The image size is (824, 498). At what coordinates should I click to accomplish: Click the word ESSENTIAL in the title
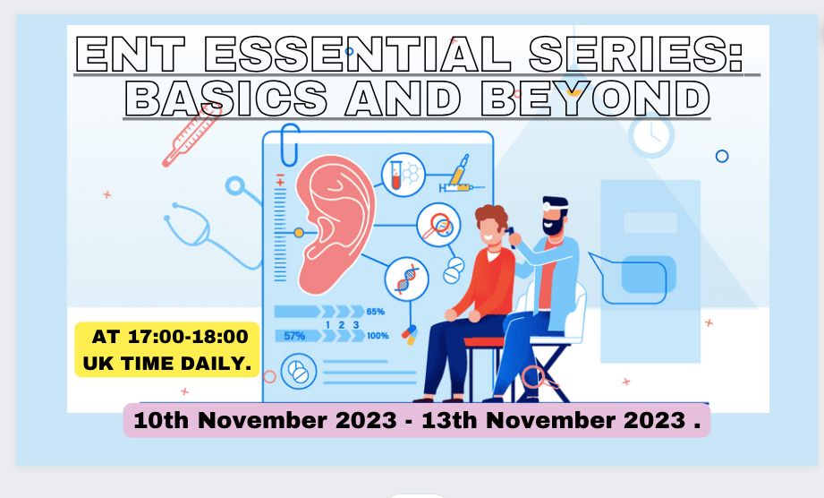click(x=357, y=54)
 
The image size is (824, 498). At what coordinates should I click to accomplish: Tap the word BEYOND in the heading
click(x=595, y=99)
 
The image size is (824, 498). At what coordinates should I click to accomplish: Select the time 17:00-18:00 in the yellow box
click(x=188, y=337)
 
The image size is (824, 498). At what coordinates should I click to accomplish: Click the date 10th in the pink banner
click(x=161, y=420)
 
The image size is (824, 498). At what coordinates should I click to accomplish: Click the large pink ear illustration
click(x=335, y=224)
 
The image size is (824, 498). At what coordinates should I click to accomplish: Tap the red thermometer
click(x=191, y=135)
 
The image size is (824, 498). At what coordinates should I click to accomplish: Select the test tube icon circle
click(x=404, y=176)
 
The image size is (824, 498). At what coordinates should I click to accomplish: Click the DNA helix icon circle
click(x=406, y=279)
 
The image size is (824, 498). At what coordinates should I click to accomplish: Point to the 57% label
click(x=294, y=336)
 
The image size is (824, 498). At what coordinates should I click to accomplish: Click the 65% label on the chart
click(x=375, y=312)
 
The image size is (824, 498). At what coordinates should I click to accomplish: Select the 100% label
click(x=378, y=336)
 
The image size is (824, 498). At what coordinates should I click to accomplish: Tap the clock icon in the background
click(x=651, y=135)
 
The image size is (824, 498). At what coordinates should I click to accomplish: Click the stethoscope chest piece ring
click(x=235, y=186)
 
